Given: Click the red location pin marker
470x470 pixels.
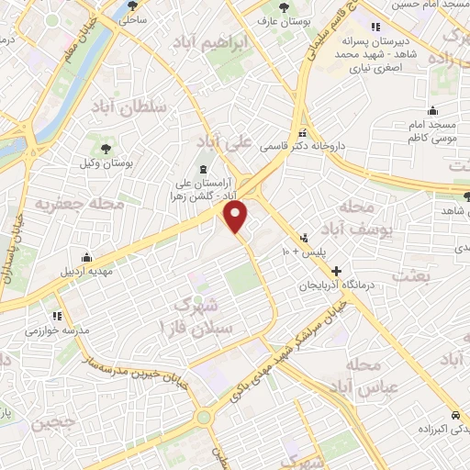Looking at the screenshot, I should (x=237, y=217).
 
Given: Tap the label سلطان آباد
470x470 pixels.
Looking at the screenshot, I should (x=129, y=106).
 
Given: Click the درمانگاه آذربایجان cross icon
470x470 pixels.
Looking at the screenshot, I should (x=338, y=272).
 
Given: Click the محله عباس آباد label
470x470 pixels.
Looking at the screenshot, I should (x=372, y=375).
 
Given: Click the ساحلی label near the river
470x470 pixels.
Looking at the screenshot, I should (x=132, y=17).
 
